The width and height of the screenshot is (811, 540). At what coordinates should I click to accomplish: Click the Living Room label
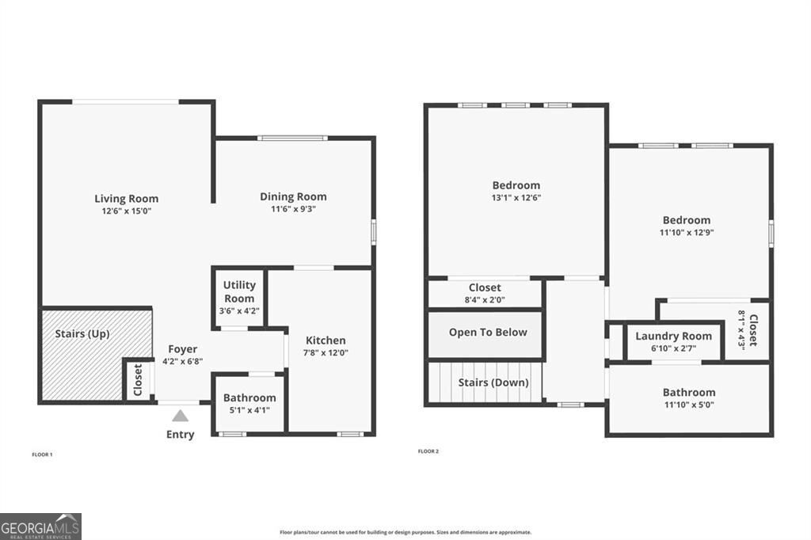127,199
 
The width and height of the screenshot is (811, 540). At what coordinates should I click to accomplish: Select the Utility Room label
238,291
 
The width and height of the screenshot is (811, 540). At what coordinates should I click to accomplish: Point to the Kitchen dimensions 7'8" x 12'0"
325,353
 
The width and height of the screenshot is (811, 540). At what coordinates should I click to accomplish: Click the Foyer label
182,349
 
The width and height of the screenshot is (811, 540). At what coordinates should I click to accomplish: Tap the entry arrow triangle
181,415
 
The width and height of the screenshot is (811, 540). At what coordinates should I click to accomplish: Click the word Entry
181,434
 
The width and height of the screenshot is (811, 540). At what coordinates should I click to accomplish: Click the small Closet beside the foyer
138,381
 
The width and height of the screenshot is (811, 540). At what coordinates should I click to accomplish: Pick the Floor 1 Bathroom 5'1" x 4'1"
249,411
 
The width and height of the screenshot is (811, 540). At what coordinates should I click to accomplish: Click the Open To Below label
488,333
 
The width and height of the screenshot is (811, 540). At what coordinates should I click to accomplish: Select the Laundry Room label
673,337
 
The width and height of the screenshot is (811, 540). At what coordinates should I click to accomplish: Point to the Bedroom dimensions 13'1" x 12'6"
516,198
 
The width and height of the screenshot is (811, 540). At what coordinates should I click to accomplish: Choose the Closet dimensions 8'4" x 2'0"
485,300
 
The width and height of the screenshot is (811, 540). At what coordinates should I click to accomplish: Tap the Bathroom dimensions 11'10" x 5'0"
688,405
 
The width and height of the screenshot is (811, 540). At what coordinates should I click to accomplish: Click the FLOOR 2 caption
428,451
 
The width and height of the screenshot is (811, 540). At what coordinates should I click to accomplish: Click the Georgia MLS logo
40,526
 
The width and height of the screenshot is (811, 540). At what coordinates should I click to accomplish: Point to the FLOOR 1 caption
42,454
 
